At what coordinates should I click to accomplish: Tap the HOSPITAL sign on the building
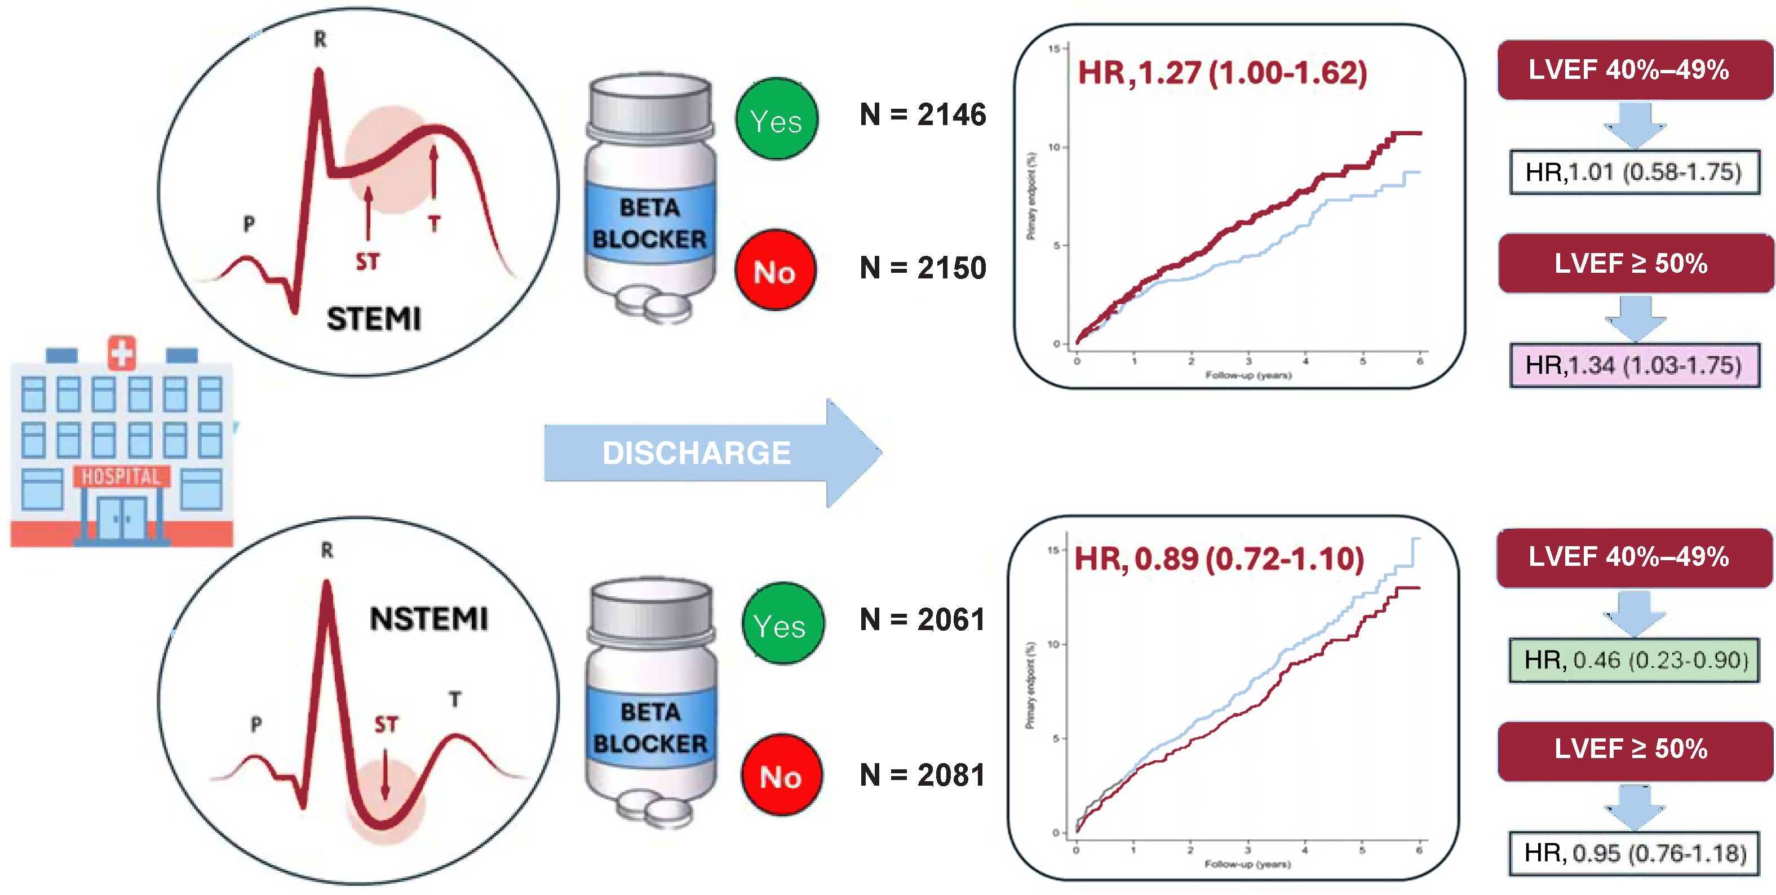pyautogui.click(x=121, y=476)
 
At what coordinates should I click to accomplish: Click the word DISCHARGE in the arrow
pyautogui.click(x=696, y=453)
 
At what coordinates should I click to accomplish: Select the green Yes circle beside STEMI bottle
pyautogui.click(x=776, y=119)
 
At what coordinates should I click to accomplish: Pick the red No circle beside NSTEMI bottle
pyautogui.click(x=781, y=775)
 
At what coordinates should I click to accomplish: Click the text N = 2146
pyautogui.click(x=923, y=114)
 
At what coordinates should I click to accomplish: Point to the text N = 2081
pyautogui.click(x=923, y=775)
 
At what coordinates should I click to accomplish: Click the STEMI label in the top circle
pyautogui.click(x=373, y=319)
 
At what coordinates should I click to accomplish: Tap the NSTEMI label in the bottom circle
pyautogui.click(x=429, y=618)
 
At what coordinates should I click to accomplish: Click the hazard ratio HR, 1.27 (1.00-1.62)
pyautogui.click(x=1222, y=73)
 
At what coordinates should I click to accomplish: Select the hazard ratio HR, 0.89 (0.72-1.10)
pyautogui.click(x=1219, y=559)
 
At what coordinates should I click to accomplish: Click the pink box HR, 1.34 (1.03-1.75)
pyautogui.click(x=1634, y=365)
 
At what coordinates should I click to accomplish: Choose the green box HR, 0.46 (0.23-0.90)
pyautogui.click(x=1634, y=660)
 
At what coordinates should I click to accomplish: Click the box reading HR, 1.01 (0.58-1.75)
pyautogui.click(x=1634, y=172)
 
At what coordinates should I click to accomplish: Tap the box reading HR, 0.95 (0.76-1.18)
pyautogui.click(x=1634, y=853)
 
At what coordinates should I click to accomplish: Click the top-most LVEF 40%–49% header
pyautogui.click(x=1634, y=70)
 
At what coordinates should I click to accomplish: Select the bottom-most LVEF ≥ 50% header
pyautogui.click(x=1634, y=750)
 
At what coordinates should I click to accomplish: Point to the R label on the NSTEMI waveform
pyautogui.click(x=327, y=550)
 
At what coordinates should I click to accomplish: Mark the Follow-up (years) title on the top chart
pyautogui.click(x=1248, y=375)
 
